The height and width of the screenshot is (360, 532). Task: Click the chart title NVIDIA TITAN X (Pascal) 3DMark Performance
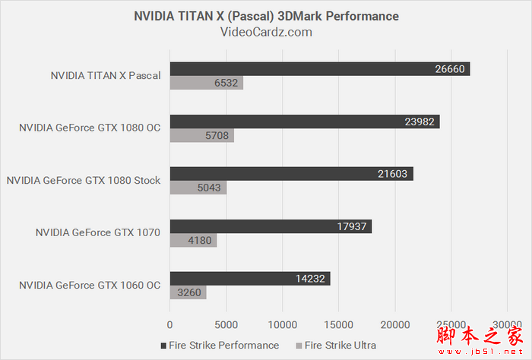[x=266, y=16]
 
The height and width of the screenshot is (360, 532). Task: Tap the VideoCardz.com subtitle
[x=266, y=32]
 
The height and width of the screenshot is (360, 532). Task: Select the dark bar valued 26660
[x=320, y=69]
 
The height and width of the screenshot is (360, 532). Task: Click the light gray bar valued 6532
[x=206, y=84]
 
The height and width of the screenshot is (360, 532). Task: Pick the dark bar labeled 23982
[x=305, y=122]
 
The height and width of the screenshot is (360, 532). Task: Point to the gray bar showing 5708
[x=201, y=136]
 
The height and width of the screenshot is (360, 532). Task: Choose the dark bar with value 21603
[x=291, y=174]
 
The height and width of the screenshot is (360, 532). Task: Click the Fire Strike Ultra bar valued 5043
[x=198, y=188]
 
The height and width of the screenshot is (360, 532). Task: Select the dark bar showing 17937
[x=271, y=226]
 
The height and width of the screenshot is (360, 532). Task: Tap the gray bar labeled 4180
[x=193, y=241]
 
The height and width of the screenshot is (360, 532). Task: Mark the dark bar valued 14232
[x=250, y=279]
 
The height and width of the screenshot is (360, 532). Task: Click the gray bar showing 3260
[x=188, y=293]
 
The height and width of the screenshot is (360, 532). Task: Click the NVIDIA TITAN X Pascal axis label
[x=106, y=76]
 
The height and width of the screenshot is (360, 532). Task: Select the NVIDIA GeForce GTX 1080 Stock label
[x=84, y=181]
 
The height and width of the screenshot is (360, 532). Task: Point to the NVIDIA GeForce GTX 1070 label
[x=98, y=233]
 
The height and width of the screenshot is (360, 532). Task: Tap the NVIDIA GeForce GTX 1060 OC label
[x=90, y=286]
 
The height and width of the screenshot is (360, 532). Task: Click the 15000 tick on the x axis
[x=338, y=324]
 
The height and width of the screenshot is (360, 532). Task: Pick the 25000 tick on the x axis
[x=451, y=324]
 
